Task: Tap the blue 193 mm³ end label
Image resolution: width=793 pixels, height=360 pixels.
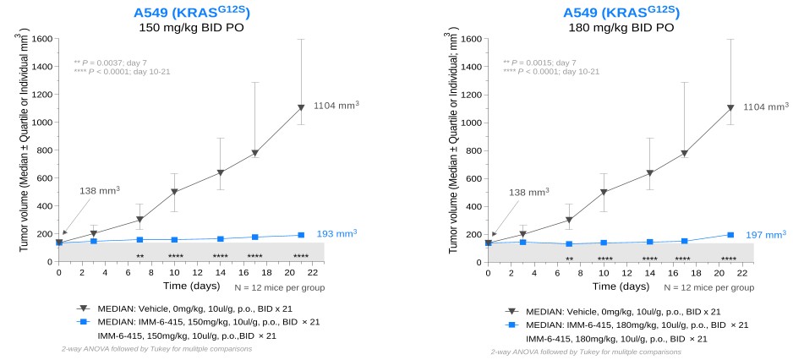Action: (x=336, y=233)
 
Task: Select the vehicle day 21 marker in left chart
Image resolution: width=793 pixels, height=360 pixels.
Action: (x=300, y=108)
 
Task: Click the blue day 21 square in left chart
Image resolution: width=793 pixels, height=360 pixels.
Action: (x=300, y=235)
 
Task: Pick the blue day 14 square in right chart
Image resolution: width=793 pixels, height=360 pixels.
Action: (x=649, y=242)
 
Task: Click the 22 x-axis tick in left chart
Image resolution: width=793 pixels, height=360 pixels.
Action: (x=313, y=273)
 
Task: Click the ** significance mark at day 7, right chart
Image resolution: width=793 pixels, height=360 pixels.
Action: (x=570, y=259)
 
